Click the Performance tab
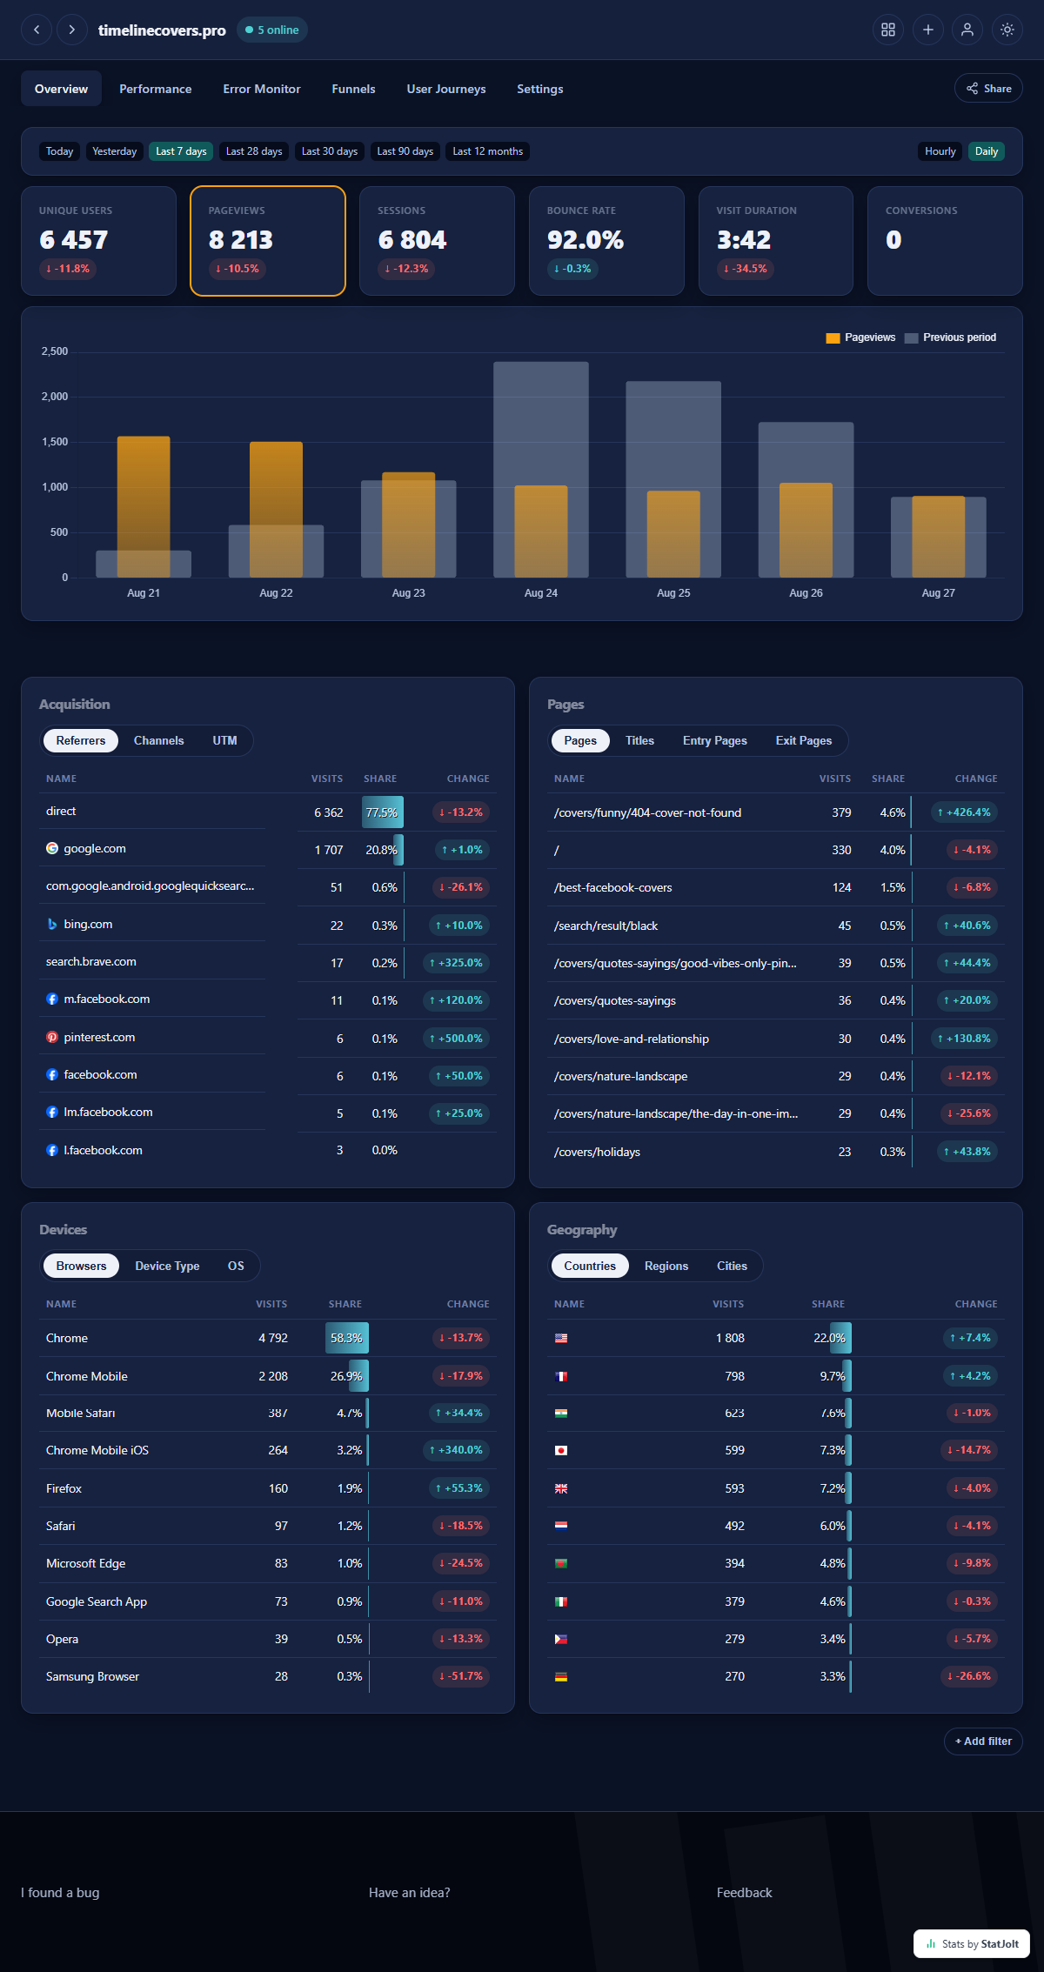coord(155,89)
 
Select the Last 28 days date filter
coord(254,151)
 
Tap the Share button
coord(988,89)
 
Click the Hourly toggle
coord(940,151)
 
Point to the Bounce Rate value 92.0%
coord(585,240)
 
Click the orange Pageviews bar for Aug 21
coord(144,506)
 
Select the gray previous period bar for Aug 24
coord(541,470)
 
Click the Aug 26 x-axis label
coord(806,593)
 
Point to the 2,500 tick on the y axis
coord(55,351)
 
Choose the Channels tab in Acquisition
coord(158,740)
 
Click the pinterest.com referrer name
coord(99,1037)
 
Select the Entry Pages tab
coord(714,740)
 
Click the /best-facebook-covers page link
coord(612,887)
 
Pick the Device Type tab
coord(167,1266)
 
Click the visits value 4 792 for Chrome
coord(272,1338)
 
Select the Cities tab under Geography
coord(732,1266)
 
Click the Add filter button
coord(983,1741)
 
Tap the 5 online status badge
coord(272,30)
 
